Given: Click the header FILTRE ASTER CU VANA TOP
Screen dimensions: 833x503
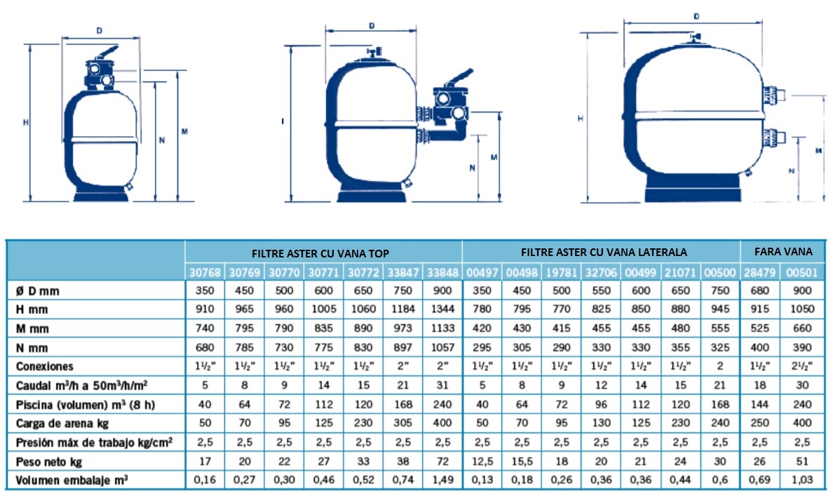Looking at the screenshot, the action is [x=320, y=254].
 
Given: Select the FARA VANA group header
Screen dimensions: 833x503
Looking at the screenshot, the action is [x=784, y=251].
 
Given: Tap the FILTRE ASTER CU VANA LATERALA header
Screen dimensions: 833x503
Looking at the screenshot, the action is [x=604, y=252].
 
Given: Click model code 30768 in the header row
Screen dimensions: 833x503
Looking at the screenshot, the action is [x=205, y=273].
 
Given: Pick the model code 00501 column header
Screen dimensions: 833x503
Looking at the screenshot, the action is [x=801, y=273].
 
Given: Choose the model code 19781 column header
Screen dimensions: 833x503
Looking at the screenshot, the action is [x=561, y=273].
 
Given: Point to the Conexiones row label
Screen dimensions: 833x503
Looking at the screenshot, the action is [x=45, y=366].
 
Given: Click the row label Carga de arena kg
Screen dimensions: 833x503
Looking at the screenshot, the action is [x=62, y=424].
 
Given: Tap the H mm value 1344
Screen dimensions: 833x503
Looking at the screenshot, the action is [x=442, y=309].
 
